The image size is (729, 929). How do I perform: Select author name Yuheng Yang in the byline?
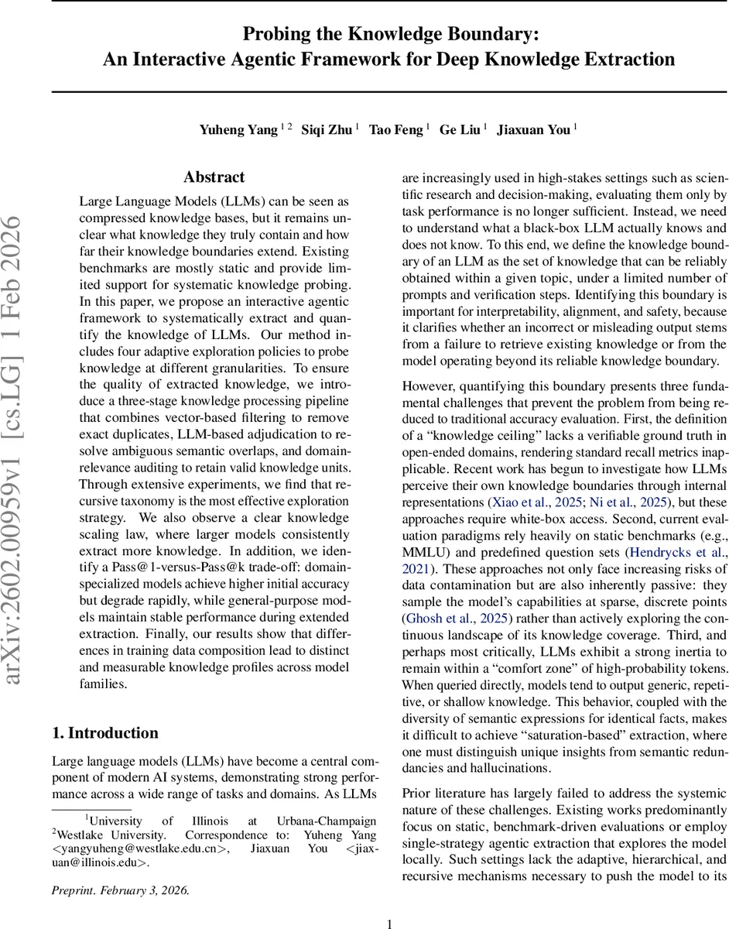click(239, 129)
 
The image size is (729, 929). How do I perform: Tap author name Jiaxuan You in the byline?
click(533, 129)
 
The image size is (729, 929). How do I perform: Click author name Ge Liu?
click(459, 129)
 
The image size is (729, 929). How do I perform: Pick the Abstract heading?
click(214, 177)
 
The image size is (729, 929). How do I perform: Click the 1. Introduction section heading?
click(104, 732)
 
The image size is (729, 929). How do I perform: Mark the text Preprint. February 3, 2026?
click(121, 890)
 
